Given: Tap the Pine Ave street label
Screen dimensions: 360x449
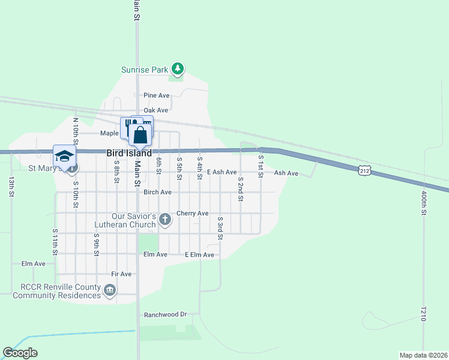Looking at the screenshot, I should tap(157, 95).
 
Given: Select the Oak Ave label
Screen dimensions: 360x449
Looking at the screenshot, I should tap(155, 110).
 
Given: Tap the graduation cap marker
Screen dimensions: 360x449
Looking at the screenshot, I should tap(64, 156).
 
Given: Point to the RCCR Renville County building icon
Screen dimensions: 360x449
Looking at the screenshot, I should tap(110, 292).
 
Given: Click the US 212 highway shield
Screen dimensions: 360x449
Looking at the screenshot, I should tap(364, 171).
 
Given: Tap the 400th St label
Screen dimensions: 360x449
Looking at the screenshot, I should tap(423, 204).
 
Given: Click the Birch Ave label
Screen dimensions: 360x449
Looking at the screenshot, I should tap(158, 193).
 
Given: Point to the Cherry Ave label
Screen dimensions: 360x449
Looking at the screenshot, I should tap(192, 214).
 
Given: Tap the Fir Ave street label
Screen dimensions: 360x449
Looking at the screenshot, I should tap(121, 274).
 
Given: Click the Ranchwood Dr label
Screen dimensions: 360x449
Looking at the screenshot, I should tap(166, 314).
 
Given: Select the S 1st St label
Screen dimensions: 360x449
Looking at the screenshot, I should tap(261, 166).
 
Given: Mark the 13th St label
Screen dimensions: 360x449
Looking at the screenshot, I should tap(11, 187).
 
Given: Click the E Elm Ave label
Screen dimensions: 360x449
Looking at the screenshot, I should tap(199, 255).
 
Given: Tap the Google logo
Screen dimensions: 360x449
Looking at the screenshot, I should tap(20, 353).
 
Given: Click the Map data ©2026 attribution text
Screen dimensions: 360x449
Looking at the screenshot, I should tap(423, 355).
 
